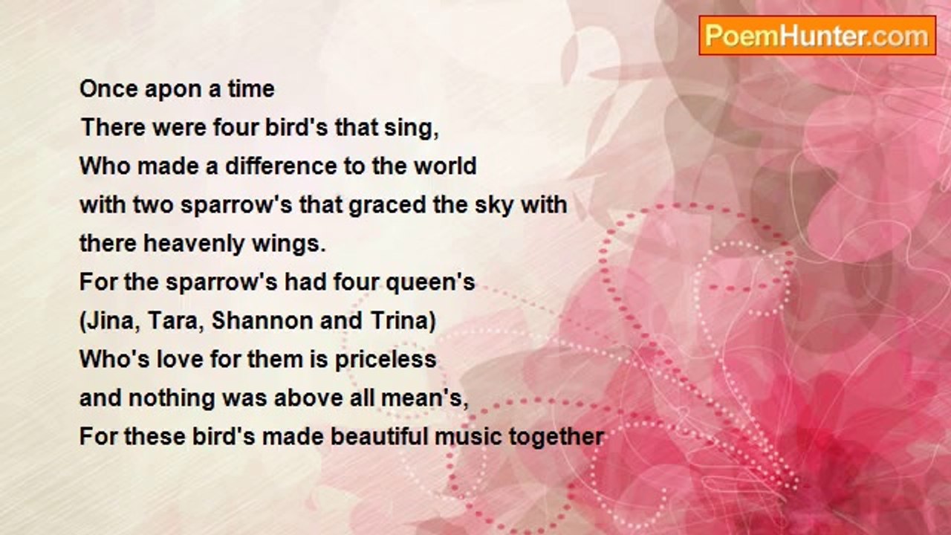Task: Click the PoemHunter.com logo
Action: (817, 36)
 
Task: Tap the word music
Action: (468, 436)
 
